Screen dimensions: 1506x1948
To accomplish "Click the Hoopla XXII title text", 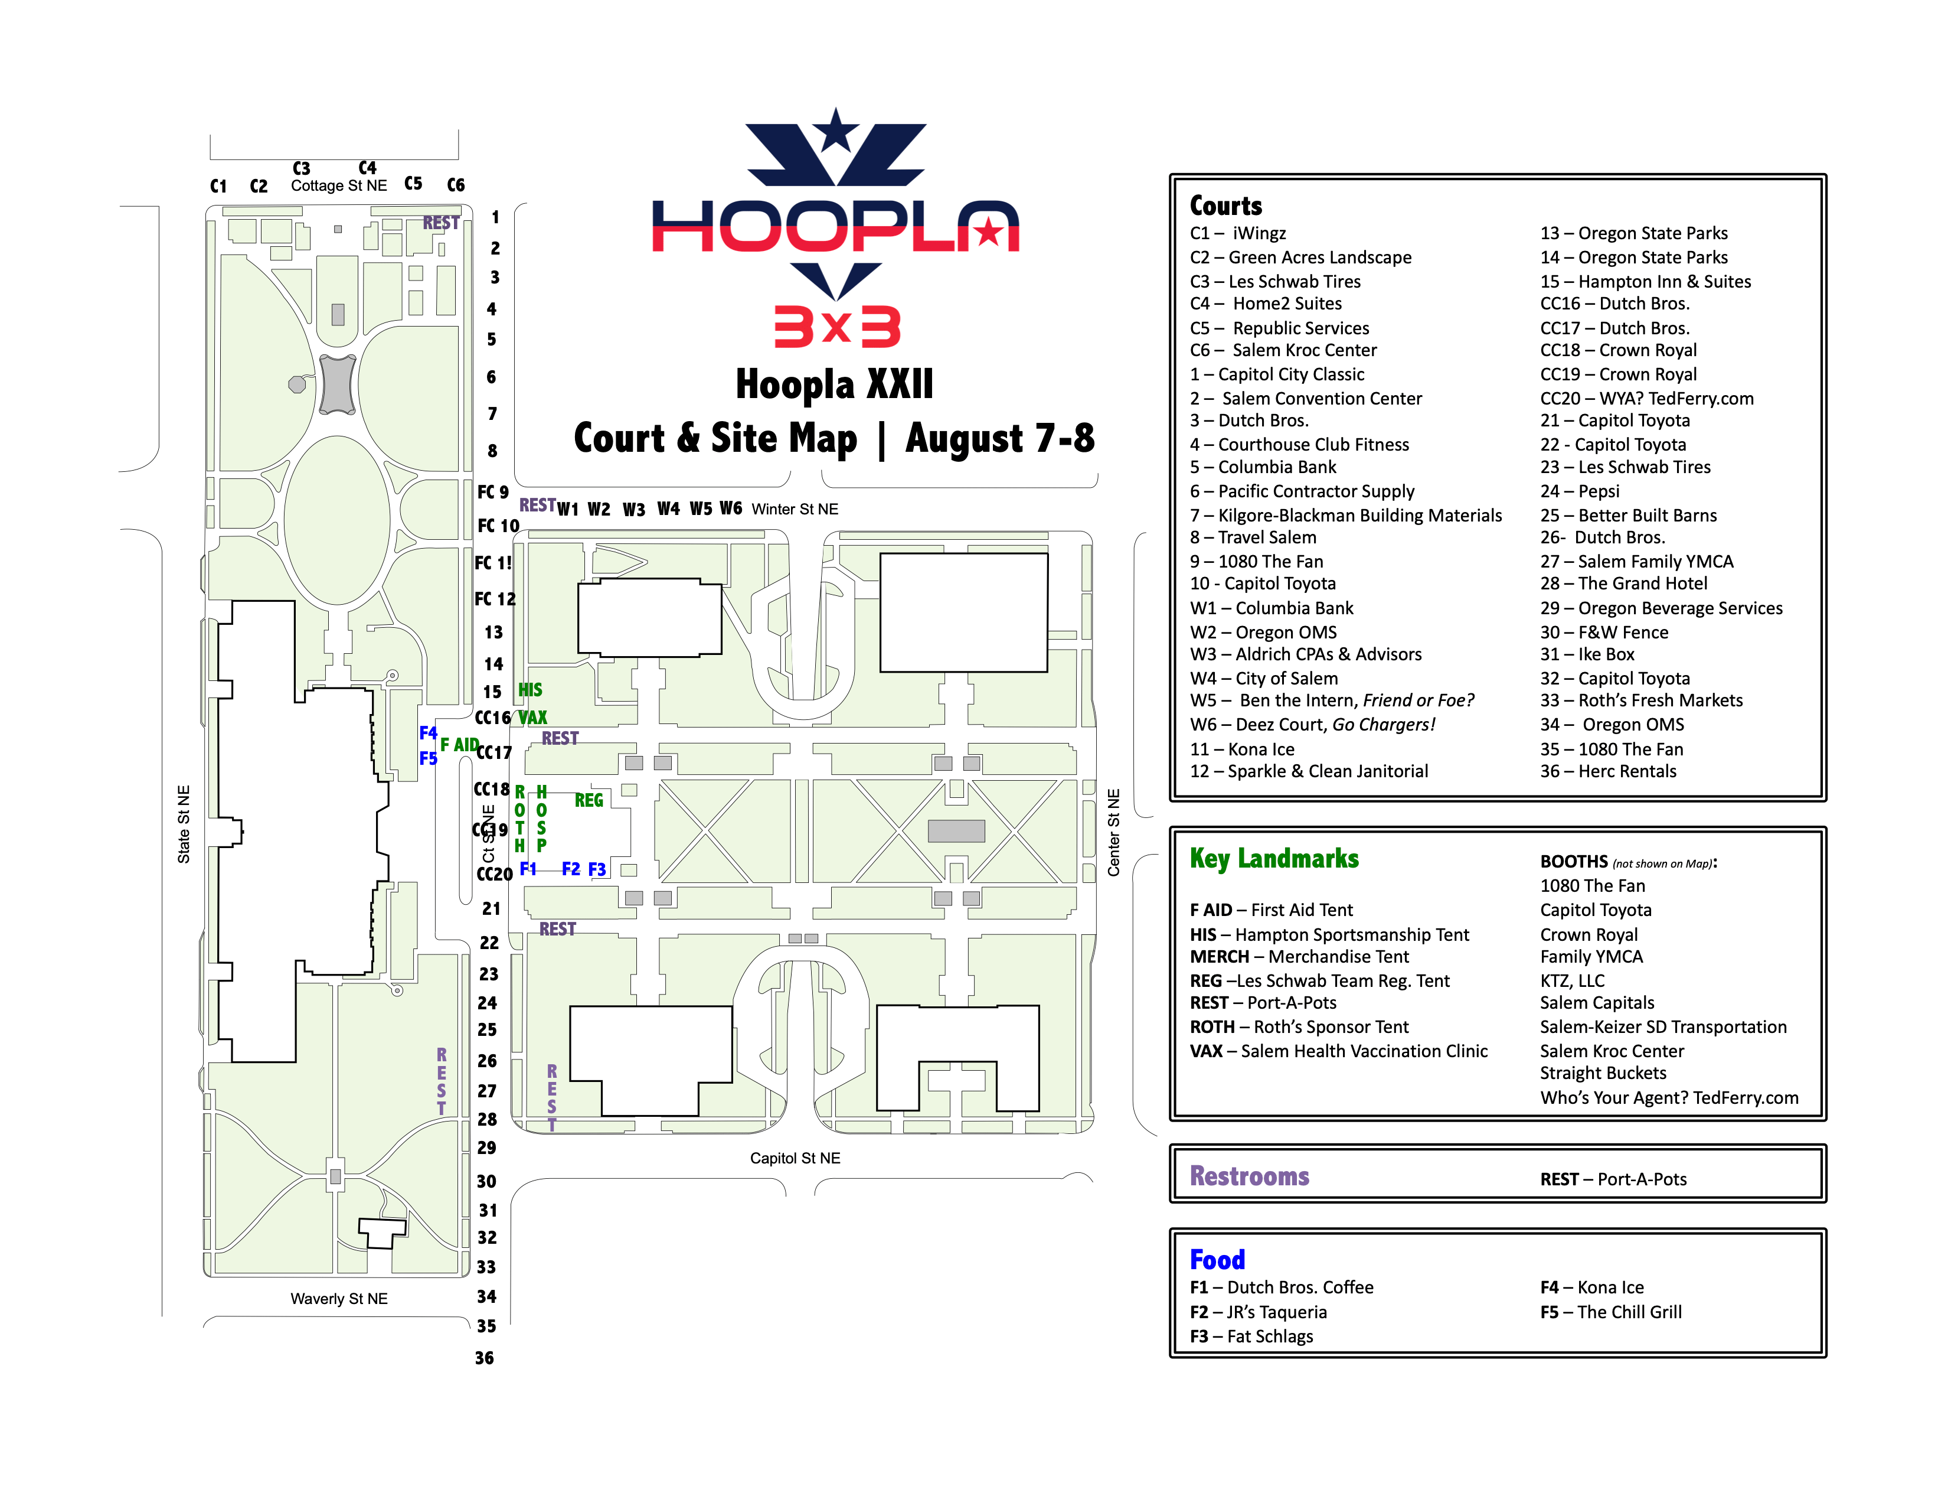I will point(834,384).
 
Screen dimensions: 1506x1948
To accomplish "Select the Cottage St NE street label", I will point(339,185).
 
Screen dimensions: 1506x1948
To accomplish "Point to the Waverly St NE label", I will point(339,1299).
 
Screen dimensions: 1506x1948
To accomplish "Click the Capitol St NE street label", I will point(795,1158).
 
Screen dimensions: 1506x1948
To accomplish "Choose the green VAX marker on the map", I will point(532,718).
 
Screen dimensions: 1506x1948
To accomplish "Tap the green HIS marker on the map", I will point(530,690).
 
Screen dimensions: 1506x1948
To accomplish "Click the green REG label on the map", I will point(589,800).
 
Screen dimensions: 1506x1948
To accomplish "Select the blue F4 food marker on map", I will point(428,732).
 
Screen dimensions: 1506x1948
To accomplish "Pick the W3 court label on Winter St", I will point(633,510).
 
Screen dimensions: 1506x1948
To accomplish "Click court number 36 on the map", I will point(484,1358).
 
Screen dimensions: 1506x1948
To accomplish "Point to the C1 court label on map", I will point(218,185).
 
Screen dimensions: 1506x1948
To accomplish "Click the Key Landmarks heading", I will point(1274,858).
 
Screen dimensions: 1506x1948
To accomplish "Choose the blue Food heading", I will point(1217,1259).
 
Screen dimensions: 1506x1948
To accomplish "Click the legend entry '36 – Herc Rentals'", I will point(1607,771).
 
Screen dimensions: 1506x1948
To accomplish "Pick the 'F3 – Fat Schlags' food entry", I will point(1251,1335).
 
